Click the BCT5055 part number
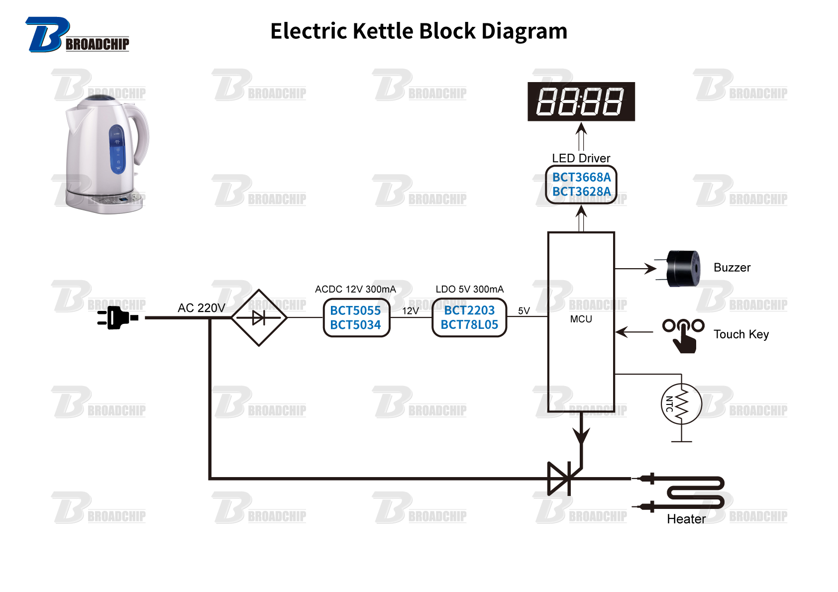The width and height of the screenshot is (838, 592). (355, 310)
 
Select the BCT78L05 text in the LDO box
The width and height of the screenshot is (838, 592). (469, 325)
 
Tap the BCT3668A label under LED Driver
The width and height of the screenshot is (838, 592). (581, 177)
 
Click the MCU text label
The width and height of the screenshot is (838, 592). (581, 319)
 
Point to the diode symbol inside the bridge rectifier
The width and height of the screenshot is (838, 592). (259, 318)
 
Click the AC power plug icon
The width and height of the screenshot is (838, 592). (117, 317)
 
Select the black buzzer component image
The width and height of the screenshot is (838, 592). (683, 269)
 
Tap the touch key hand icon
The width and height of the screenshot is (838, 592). (683, 336)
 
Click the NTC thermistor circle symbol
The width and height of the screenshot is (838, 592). (681, 404)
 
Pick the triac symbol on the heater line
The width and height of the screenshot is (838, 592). (560, 479)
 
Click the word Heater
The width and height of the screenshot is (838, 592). (686, 519)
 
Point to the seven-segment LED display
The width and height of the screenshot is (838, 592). (581, 101)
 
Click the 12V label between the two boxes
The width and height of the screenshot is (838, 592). (411, 311)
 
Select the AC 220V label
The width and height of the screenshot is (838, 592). (201, 308)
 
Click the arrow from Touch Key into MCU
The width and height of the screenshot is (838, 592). (634, 332)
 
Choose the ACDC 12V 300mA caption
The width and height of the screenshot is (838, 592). (355, 289)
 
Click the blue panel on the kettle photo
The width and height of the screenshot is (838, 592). (117, 149)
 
